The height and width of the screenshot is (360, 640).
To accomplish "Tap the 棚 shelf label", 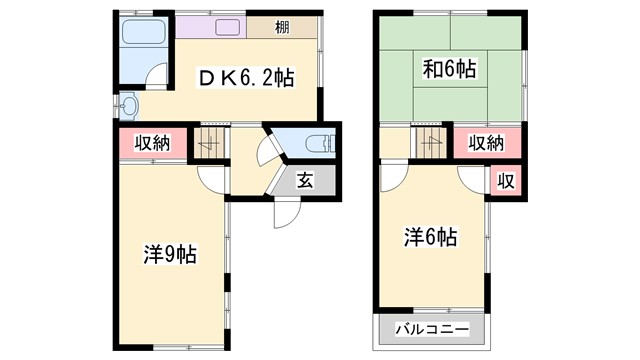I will pos(283,27).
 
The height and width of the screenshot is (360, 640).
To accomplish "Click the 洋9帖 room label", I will pos(168,254).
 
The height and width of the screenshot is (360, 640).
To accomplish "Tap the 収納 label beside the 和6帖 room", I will pos(488,143).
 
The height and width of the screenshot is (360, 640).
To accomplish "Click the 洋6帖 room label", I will pos(430,237).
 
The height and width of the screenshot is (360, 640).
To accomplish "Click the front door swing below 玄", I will pos(286,213).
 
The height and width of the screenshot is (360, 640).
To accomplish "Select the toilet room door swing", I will pos(267,152).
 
